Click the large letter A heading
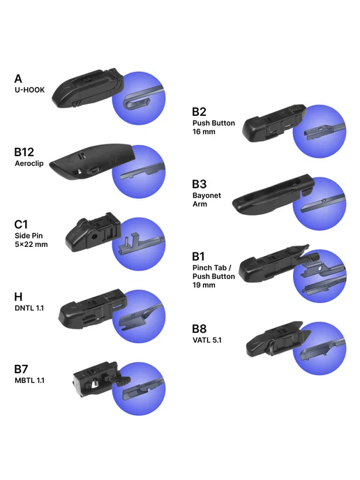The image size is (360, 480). pos(18,79)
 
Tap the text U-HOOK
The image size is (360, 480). pos(30,90)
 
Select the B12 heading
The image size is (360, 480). pos(24,152)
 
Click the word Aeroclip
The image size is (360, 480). pos(29,163)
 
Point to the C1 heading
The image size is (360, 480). pos(21,225)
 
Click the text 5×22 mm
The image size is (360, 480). pos(31,244)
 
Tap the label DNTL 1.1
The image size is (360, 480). pos(29,308)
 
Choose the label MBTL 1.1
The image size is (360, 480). pos(30,380)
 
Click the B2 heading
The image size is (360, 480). pos(199,112)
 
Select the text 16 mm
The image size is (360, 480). pos(204,132)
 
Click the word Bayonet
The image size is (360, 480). pos(207,195)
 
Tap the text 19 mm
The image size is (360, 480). pos(204,285)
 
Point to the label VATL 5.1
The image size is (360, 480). pos(207,340)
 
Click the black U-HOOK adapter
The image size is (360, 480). pos(88,88)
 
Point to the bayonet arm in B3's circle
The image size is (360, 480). pos(323,202)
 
